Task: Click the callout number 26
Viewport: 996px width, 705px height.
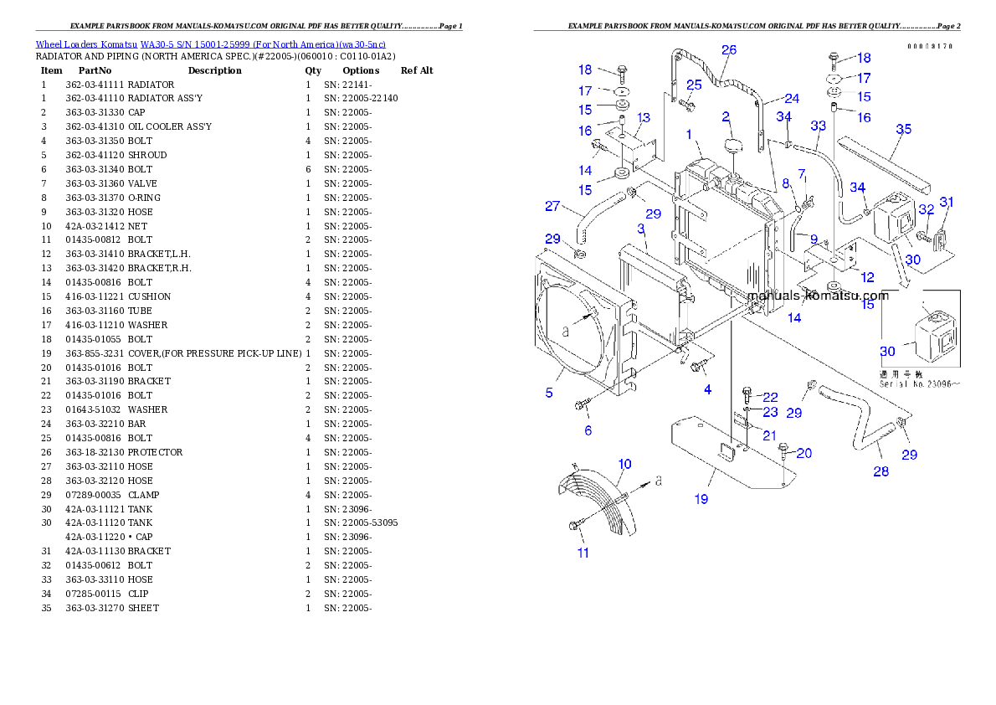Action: tap(728, 50)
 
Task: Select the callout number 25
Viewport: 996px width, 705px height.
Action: tap(694, 85)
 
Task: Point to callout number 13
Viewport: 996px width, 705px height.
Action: tap(644, 118)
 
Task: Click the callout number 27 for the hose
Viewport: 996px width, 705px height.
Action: tap(552, 207)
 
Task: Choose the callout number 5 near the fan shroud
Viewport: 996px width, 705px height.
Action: tap(549, 392)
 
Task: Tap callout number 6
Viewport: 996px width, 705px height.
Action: tap(588, 430)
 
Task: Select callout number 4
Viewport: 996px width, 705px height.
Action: tap(707, 389)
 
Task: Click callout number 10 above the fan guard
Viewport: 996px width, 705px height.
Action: tap(624, 464)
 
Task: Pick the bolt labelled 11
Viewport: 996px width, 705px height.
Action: tap(574, 525)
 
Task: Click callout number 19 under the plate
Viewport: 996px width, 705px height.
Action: tap(701, 499)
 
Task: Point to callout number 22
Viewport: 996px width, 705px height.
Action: tap(770, 396)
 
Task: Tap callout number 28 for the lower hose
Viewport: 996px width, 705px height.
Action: tap(880, 471)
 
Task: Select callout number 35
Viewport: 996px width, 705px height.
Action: tap(904, 129)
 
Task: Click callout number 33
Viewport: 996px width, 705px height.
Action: tap(818, 126)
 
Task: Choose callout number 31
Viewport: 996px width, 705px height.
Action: tap(947, 202)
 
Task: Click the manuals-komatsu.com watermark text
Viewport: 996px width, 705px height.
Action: tap(818, 296)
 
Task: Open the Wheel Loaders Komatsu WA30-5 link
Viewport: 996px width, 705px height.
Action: tap(210, 44)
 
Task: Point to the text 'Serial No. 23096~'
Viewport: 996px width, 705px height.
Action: tap(918, 384)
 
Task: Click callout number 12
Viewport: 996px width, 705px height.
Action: tap(866, 277)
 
